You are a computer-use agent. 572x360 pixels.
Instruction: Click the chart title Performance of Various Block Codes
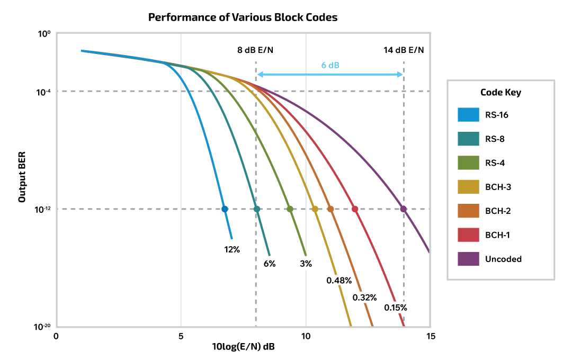tap(243, 17)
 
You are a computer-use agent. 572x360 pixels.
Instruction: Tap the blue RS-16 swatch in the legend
tap(468, 115)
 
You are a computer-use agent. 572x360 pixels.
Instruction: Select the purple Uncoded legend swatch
tap(468, 259)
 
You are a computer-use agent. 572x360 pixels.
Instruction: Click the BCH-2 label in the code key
tap(498, 211)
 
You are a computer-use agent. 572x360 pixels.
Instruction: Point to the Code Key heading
tap(501, 92)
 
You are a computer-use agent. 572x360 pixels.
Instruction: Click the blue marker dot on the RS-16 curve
tap(225, 209)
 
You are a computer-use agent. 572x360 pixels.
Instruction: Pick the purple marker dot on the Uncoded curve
tap(404, 209)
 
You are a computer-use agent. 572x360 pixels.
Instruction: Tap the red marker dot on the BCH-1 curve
tap(355, 209)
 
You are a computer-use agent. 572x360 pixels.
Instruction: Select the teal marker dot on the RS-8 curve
tap(257, 209)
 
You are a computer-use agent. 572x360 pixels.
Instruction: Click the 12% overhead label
tap(232, 249)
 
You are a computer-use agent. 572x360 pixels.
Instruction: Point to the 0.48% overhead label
tap(339, 280)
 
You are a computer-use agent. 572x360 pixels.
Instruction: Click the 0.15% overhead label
tap(396, 307)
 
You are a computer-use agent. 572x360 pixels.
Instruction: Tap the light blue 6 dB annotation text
tap(330, 65)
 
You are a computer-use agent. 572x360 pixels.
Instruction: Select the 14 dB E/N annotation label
tap(404, 50)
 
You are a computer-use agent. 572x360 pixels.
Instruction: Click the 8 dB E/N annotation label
tap(255, 50)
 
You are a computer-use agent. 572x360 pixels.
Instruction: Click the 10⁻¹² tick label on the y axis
tap(42, 209)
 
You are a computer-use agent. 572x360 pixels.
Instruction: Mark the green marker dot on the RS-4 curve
tap(290, 209)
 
